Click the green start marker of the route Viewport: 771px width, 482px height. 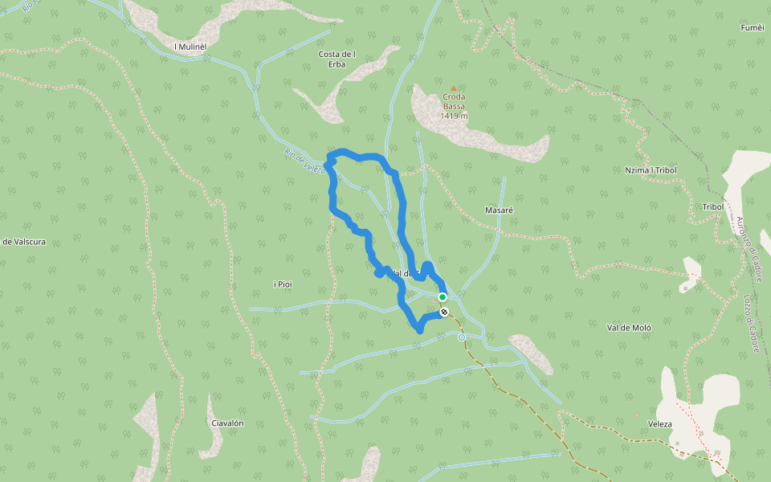(442, 296)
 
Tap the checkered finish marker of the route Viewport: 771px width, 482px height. (444, 312)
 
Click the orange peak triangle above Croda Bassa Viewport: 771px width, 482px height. (454, 88)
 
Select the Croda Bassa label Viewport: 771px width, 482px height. (454, 102)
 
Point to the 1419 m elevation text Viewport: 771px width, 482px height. (454, 116)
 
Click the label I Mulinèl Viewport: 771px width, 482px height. (190, 47)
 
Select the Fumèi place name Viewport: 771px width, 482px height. (752, 27)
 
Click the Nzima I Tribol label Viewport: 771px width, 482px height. (651, 170)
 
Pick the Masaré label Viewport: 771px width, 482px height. (499, 210)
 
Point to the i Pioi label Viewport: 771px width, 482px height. (284, 284)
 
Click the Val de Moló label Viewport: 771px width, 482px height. (629, 328)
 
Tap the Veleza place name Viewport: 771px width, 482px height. (659, 423)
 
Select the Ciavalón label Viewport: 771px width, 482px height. (226, 423)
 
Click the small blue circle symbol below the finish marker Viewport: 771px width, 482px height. (462, 338)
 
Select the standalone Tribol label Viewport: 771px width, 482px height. (713, 206)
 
